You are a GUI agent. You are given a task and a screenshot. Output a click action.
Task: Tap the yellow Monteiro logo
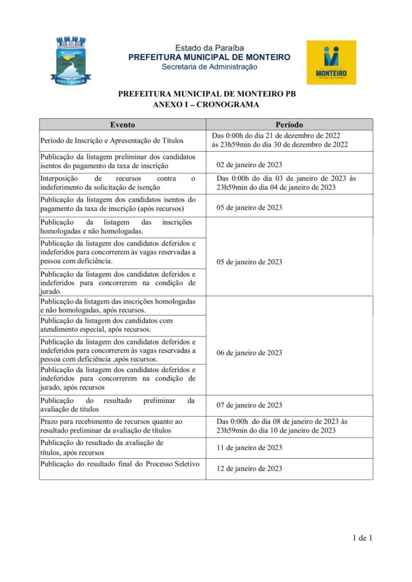pos(331,62)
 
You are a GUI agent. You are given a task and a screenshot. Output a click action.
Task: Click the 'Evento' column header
pos(122,124)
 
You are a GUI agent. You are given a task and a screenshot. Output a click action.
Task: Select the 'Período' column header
pos(289,124)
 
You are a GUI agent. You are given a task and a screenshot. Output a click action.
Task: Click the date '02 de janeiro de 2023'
pos(249,165)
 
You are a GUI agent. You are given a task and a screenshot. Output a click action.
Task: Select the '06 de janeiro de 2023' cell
pos(249,353)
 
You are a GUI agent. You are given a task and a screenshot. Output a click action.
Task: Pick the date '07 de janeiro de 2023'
pos(249,405)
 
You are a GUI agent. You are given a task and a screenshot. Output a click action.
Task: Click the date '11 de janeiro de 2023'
pos(249,448)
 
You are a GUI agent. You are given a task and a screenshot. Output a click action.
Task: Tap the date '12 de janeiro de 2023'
pos(249,469)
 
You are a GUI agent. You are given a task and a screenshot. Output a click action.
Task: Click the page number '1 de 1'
pos(362,538)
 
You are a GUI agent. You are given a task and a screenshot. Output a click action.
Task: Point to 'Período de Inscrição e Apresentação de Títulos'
pos(114,140)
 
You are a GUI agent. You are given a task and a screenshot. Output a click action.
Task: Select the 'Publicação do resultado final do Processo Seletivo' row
pos(120,464)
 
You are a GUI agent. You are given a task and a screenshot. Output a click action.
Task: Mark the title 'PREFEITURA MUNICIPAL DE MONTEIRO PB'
pos(207,94)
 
